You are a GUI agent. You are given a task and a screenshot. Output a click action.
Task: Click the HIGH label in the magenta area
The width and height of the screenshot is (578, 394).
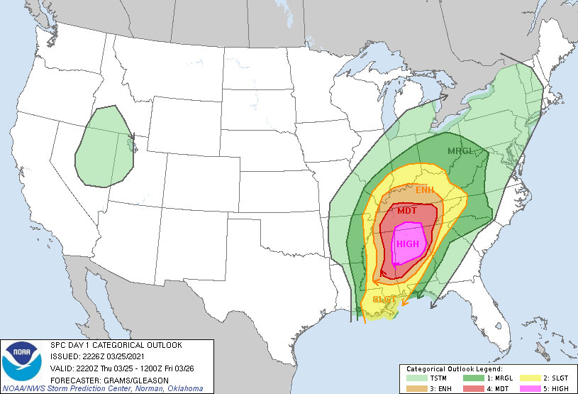408,243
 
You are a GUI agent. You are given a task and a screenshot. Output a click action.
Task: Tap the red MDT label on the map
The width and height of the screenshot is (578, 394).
407,211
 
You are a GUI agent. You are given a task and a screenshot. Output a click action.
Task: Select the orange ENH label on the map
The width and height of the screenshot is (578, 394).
425,190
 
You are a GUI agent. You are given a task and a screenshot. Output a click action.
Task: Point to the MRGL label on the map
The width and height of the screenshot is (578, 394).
461,151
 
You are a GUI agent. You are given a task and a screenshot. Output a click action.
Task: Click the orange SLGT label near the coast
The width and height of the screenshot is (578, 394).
384,300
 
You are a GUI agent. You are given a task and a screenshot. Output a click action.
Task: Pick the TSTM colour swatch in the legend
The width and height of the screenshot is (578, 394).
414,378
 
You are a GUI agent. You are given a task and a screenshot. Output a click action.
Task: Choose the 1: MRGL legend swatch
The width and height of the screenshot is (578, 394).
471,378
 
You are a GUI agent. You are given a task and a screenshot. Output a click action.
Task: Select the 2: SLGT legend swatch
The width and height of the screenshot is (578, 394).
528,378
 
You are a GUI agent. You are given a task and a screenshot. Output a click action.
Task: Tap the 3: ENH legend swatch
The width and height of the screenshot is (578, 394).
414,388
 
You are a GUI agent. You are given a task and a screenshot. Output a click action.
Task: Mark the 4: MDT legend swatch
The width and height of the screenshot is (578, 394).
471,388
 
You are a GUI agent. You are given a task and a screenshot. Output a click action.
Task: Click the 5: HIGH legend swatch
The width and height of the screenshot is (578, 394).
528,388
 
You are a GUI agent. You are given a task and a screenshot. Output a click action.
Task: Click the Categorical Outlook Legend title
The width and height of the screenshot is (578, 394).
455,369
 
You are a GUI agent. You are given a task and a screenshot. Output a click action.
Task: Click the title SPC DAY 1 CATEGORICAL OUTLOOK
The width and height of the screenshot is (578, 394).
116,346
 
